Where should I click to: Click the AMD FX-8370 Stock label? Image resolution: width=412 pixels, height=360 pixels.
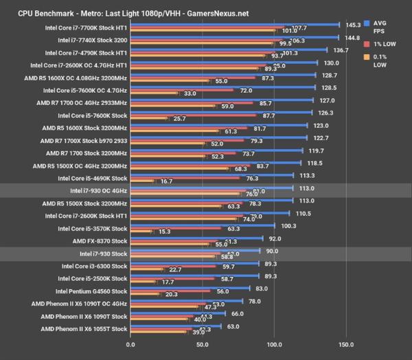tap(100, 241)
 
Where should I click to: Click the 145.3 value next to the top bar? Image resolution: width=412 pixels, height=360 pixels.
tap(352, 23)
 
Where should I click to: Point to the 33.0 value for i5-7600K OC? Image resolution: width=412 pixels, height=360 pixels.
tap(190, 93)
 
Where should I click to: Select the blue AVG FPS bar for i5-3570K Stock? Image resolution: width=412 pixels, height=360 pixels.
tap(203, 225)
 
